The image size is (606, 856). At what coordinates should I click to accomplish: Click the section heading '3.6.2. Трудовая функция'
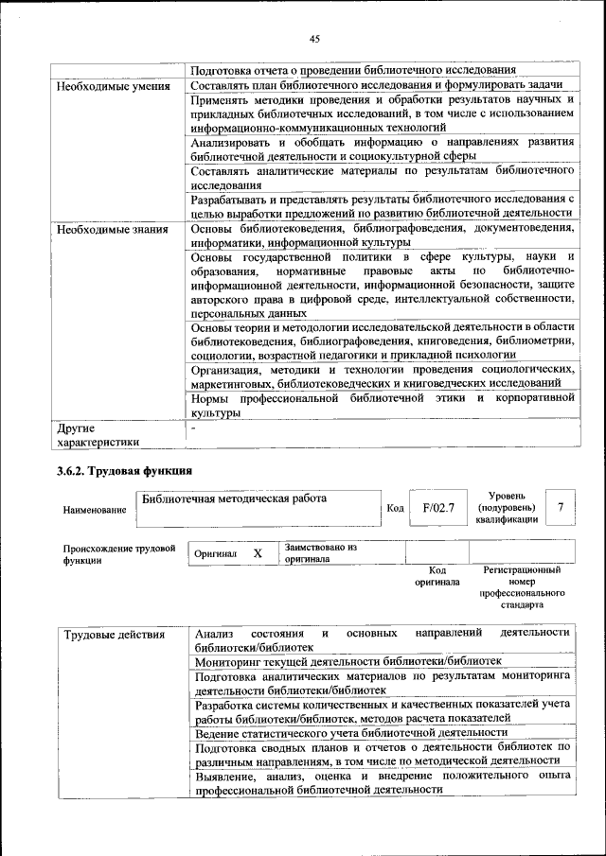coord(125,471)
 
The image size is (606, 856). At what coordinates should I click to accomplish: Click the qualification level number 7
coord(561,508)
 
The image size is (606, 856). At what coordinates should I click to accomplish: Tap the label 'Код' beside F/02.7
coord(396,509)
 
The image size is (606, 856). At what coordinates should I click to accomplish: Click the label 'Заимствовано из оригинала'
coord(320,553)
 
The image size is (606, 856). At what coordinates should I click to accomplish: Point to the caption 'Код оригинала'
coord(437,576)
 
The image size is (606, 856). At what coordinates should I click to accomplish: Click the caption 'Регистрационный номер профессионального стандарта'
coord(521,586)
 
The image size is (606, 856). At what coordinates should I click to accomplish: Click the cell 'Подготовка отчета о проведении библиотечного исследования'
coord(352,70)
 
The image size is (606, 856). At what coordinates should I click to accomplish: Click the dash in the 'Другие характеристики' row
coord(194,428)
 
